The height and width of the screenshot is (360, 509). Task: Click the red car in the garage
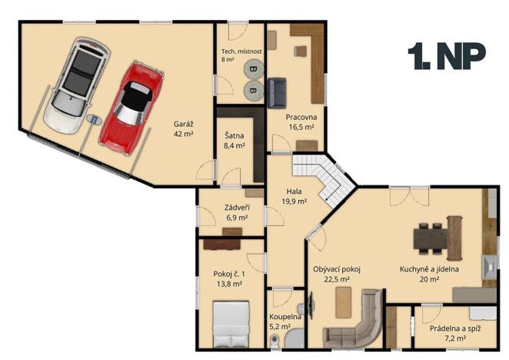coord(131,105)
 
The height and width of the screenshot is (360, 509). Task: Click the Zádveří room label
coord(236,208)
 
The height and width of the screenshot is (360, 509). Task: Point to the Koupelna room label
coord(285,317)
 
